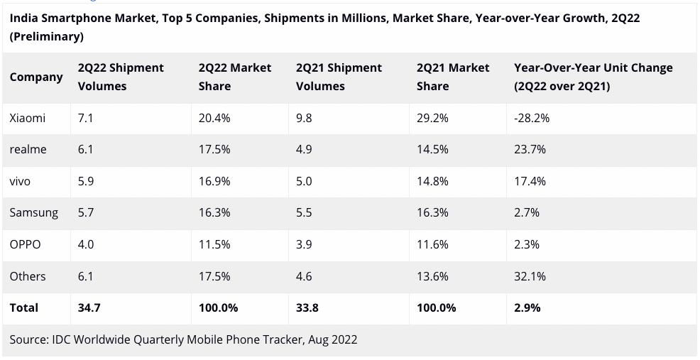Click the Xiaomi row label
28,119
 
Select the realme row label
28,150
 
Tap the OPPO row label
26,244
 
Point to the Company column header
36,77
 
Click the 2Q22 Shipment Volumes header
121,77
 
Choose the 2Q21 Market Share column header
453,77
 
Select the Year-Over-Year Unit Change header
593,77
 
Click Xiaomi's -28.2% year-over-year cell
532,119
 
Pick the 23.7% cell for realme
530,150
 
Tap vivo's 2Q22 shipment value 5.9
86,182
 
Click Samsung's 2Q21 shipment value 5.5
304,213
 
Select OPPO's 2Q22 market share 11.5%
214,244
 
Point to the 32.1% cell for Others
530,276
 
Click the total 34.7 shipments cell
89,308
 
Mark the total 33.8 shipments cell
307,308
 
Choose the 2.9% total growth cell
527,308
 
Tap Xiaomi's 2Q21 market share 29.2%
432,119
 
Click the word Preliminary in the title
47,36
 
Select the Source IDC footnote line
183,340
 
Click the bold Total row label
24,308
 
